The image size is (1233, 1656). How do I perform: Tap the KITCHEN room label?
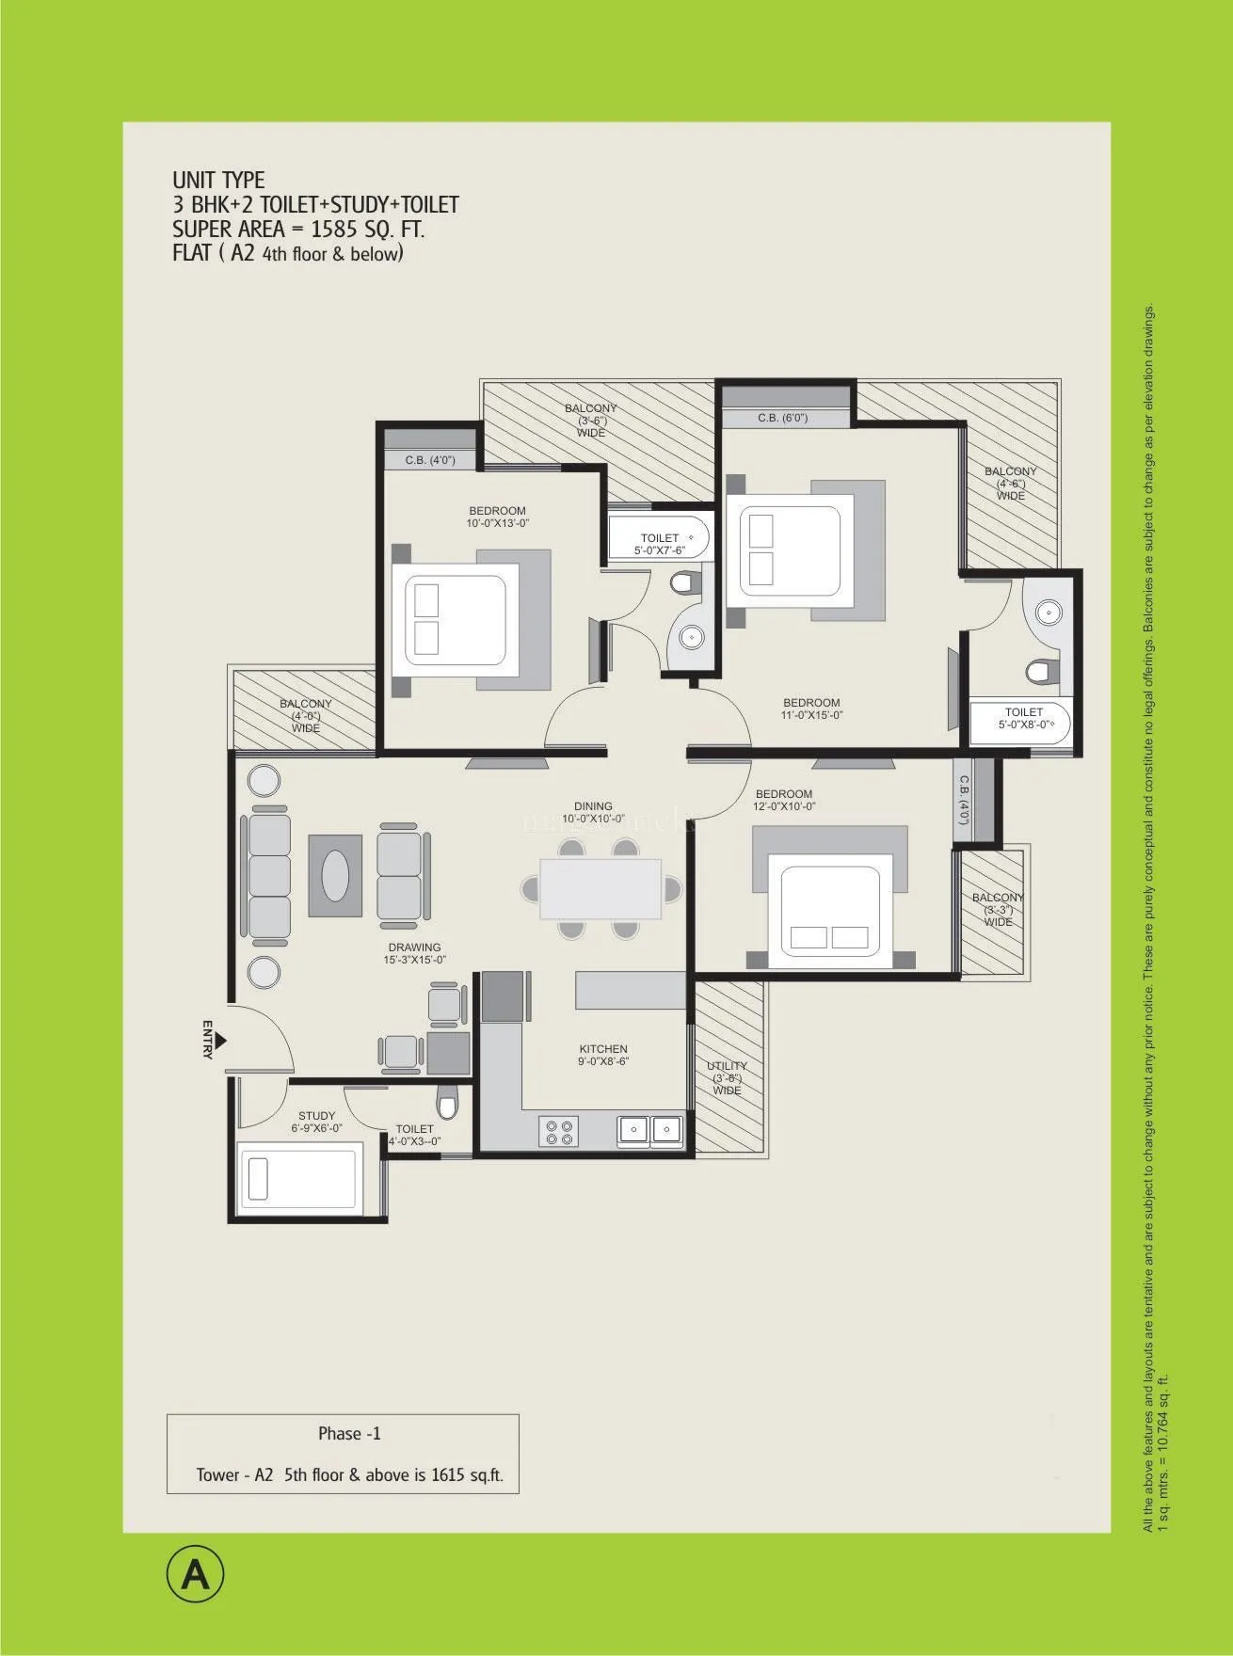(x=603, y=1055)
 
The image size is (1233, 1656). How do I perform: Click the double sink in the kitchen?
(x=650, y=1127)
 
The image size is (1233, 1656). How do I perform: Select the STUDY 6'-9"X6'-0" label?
(x=317, y=1122)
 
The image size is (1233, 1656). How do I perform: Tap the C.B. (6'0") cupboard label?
(x=782, y=418)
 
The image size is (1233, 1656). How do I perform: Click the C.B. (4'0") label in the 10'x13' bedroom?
(x=429, y=460)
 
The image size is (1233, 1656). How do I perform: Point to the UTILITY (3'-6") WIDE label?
(x=727, y=1078)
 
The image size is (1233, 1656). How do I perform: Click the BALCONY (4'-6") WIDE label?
(x=1010, y=484)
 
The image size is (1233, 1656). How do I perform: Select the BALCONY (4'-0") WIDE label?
(x=305, y=716)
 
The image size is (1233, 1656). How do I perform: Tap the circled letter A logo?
(x=197, y=1574)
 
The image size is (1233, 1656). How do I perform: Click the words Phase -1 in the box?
(x=349, y=1434)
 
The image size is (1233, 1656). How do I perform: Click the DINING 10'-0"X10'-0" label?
(x=593, y=812)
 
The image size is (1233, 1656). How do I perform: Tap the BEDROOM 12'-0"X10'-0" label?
(x=783, y=800)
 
